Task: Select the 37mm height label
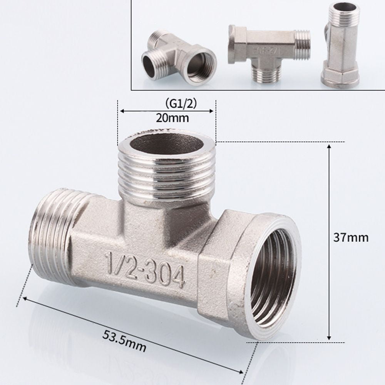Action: tap(351, 238)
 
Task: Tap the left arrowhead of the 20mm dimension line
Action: tap(122, 111)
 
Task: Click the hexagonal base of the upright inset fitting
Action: tap(340, 77)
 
